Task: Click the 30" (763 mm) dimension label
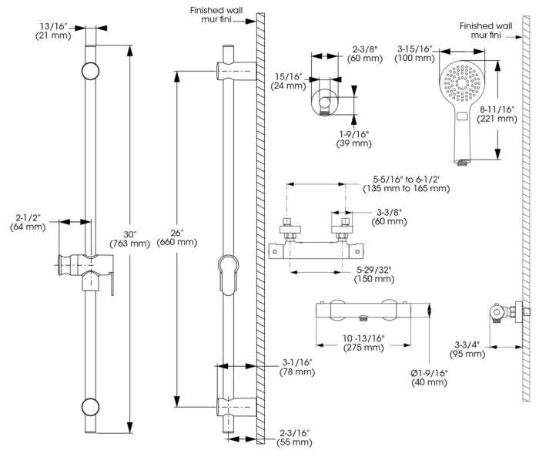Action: [130, 239]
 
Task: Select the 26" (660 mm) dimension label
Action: [177, 238]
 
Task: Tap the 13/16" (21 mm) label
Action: [53, 31]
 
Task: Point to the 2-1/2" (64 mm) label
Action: [28, 222]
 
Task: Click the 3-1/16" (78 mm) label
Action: [297, 367]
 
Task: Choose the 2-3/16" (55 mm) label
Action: [295, 438]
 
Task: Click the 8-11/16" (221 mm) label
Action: [497, 114]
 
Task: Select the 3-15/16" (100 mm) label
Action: [414, 54]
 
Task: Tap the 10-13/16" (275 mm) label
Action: [363, 343]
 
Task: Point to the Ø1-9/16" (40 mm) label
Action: [430, 378]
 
